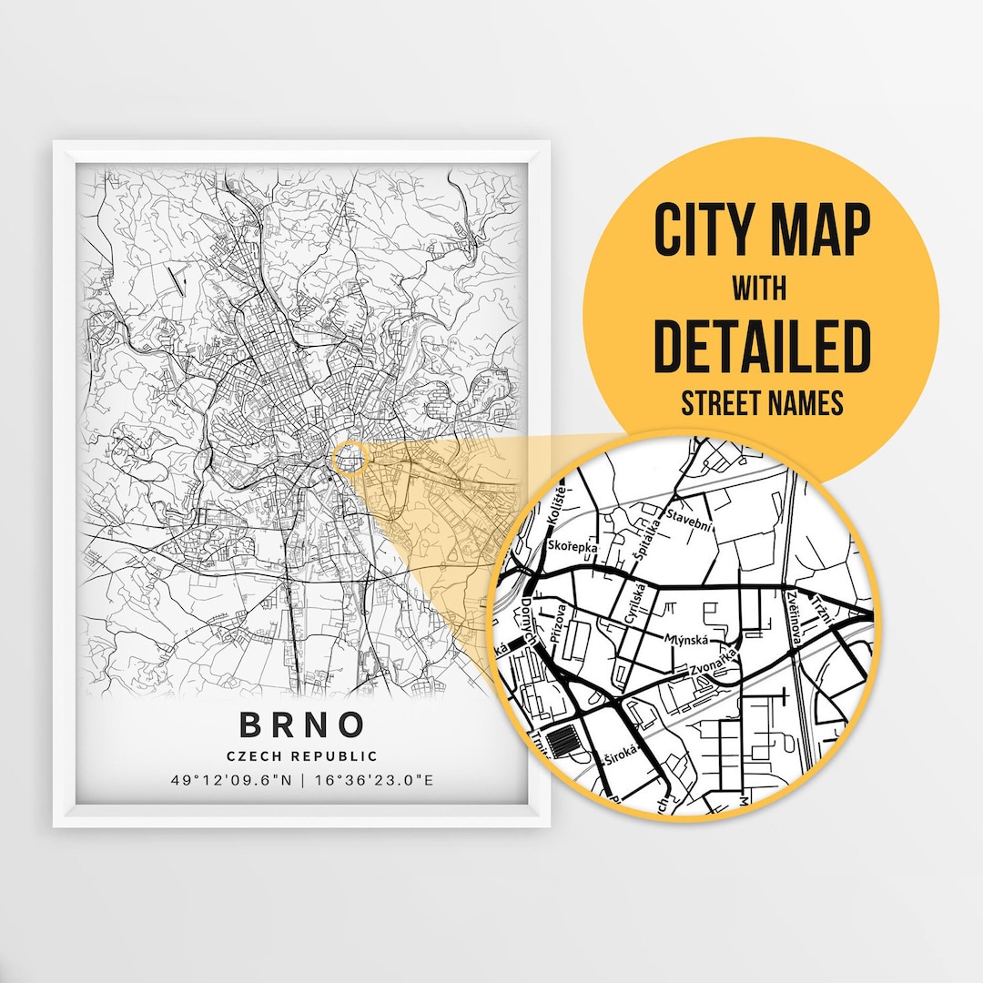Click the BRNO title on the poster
coord(302,725)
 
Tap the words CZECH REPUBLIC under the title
coord(302,755)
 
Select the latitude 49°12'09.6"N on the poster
coord(232,780)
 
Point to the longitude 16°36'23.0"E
coord(373,780)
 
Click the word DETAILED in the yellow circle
coord(762,346)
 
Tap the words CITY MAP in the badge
coord(762,232)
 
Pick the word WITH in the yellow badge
coord(762,290)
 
